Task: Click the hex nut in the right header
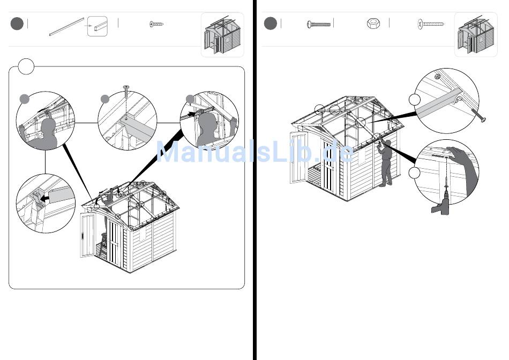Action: [373, 24]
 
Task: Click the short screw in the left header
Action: [156, 24]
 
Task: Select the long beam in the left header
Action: [66, 27]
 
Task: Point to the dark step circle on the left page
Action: [17, 24]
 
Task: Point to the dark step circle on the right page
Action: [271, 24]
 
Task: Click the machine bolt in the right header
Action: [318, 24]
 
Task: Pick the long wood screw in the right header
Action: [431, 24]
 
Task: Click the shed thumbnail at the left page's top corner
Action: [222, 35]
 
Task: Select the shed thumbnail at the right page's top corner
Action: [476, 35]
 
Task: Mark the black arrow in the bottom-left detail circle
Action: [45, 197]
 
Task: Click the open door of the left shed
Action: [87, 235]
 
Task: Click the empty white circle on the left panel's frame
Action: [26, 66]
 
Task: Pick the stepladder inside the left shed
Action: [103, 244]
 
